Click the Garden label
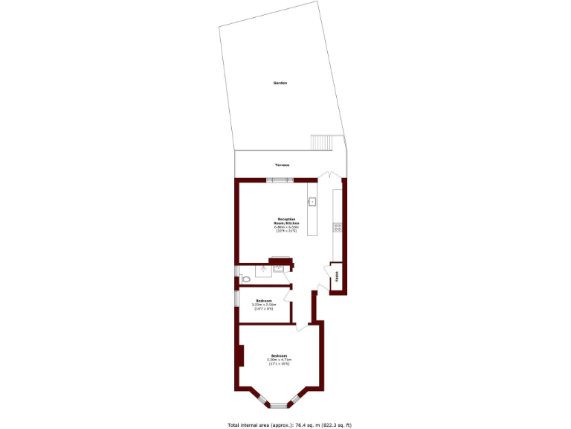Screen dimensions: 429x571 (x=280, y=83)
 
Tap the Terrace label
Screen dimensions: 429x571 (x=282, y=164)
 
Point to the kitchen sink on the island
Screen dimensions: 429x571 (x=312, y=201)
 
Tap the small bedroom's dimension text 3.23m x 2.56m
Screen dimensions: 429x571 (x=263, y=305)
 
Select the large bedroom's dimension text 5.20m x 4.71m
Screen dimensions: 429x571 (x=279, y=359)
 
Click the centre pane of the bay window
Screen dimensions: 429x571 (x=278, y=406)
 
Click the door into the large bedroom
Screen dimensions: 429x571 (x=303, y=326)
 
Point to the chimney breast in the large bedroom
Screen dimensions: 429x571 (x=240, y=356)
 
